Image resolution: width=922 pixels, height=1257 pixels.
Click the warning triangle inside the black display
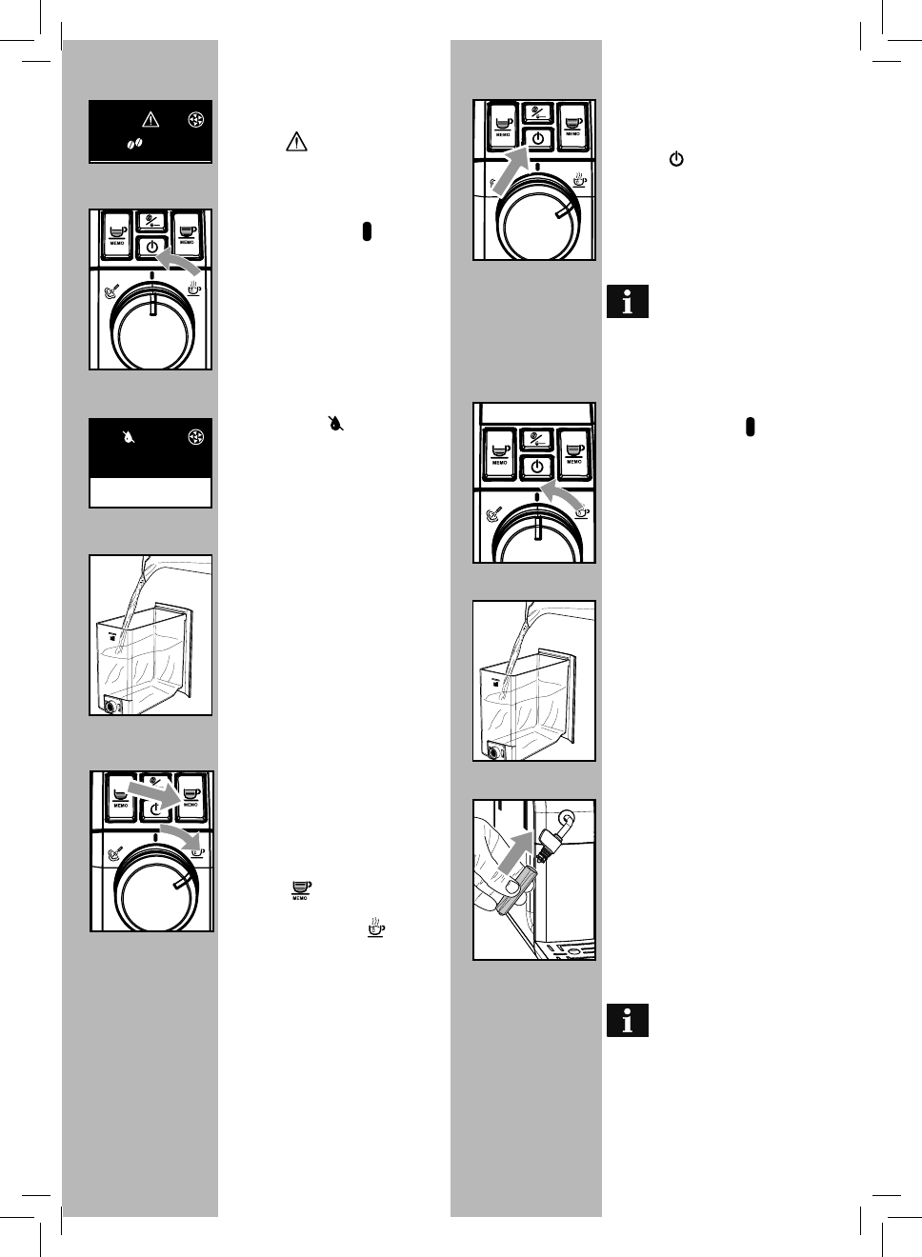tap(150, 119)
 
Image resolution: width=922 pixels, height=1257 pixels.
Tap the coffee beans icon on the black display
tap(134, 143)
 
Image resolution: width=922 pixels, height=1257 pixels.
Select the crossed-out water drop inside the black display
tap(129, 437)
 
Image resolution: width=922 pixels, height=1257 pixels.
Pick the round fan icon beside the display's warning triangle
tap(196, 120)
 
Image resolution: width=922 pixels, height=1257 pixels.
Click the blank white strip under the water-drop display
tap(150, 492)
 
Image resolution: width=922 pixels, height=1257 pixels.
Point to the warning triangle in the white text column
tap(296, 143)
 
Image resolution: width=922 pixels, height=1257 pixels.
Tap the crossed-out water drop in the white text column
tap(336, 423)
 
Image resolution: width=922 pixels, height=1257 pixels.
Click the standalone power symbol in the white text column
tap(676, 160)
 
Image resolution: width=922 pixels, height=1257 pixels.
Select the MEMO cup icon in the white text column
tap(301, 889)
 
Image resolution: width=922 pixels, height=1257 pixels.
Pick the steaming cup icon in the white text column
tap(376, 928)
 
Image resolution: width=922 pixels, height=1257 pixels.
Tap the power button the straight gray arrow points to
tap(538, 139)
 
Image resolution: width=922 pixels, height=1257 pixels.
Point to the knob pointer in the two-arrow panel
tap(180, 885)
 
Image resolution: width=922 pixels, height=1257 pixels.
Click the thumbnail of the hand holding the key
tap(534, 879)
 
